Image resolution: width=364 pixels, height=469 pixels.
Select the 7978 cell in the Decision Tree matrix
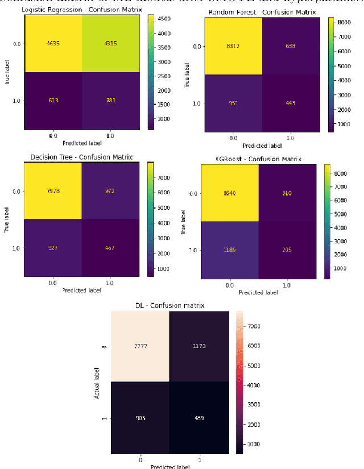click(x=53, y=191)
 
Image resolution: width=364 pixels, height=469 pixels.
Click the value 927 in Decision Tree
click(x=53, y=248)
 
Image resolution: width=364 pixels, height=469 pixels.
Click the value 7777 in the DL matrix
click(x=140, y=346)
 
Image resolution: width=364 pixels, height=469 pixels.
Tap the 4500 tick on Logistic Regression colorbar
click(x=160, y=19)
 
